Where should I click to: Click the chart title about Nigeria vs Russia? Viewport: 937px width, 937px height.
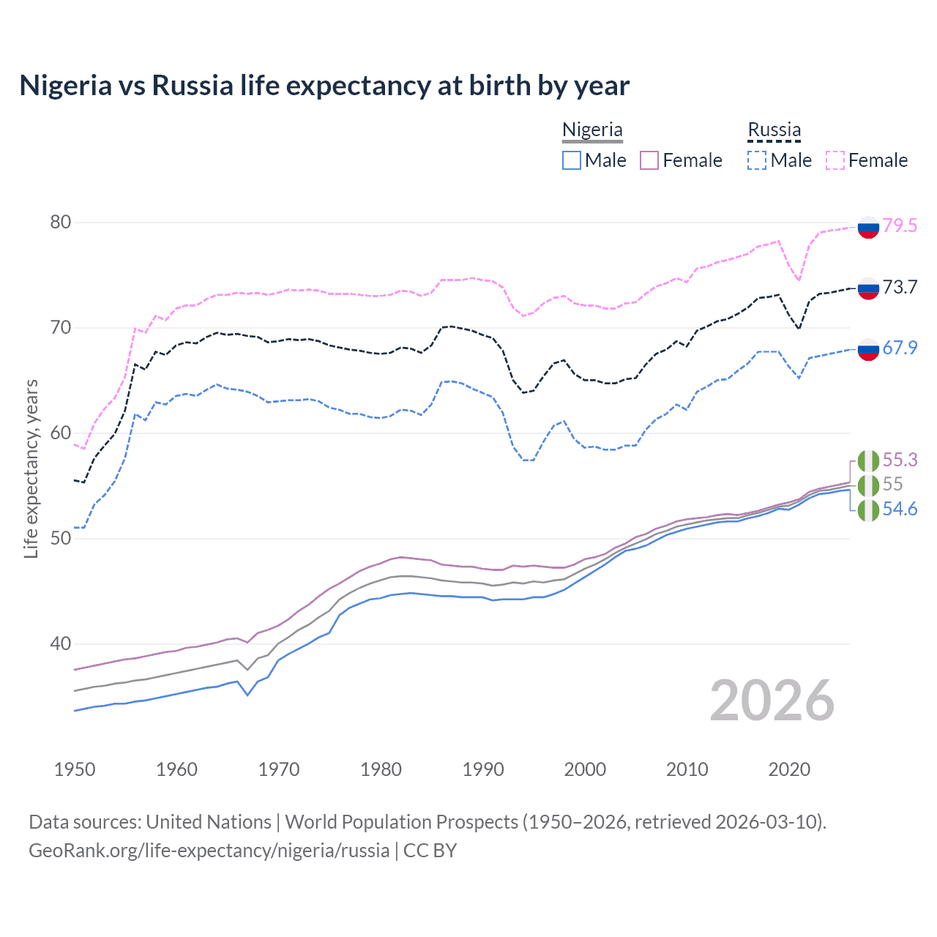coord(324,86)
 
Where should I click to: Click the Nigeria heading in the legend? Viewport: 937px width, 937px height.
coord(592,130)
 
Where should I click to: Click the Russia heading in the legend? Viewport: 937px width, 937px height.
coord(774,130)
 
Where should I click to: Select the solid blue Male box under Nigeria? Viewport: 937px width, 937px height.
coord(572,160)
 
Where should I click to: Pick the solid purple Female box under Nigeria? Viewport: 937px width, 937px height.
coord(649,160)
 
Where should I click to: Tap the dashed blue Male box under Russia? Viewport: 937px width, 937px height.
coord(757,160)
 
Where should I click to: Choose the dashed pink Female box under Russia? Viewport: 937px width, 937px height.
coord(835,160)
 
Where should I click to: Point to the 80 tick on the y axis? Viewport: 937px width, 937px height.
coord(61,223)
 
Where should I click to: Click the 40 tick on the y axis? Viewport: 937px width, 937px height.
coord(61,644)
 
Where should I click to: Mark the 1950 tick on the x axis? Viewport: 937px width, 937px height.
coord(75,769)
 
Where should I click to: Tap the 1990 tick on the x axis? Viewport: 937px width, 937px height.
coord(483,769)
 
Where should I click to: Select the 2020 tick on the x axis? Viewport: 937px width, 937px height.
coord(789,769)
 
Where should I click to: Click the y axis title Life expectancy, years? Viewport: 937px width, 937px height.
coord(31,468)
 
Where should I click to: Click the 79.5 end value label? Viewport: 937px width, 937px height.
coord(900,225)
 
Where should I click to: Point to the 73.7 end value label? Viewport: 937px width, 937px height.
coord(900,287)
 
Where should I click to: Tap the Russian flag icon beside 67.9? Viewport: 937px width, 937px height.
coord(868,349)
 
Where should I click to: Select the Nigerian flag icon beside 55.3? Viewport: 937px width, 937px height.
coord(868,461)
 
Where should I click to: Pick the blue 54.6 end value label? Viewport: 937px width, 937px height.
coord(900,509)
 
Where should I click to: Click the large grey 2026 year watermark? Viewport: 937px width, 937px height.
coord(772,701)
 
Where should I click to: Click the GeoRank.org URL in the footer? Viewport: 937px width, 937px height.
coord(209,851)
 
